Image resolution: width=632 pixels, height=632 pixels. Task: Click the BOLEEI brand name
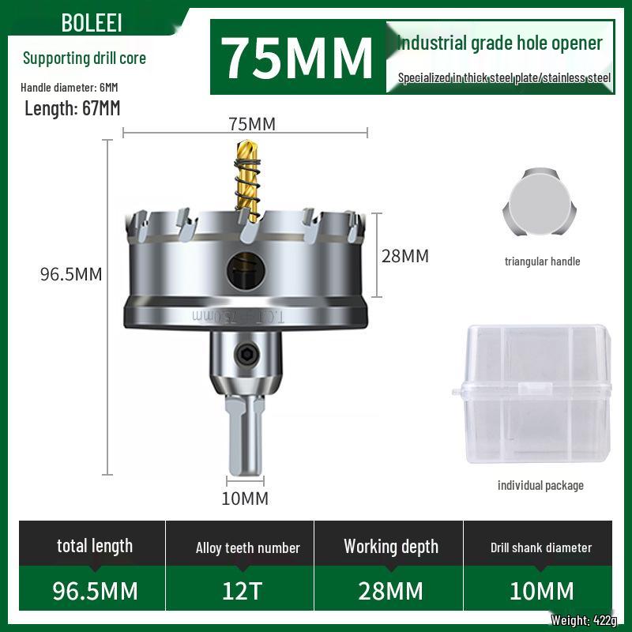click(x=92, y=22)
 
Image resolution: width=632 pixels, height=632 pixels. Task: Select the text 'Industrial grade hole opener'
click(x=500, y=43)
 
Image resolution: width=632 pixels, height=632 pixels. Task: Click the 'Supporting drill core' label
click(x=85, y=58)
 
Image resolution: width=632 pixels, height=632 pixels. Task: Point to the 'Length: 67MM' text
click(x=73, y=109)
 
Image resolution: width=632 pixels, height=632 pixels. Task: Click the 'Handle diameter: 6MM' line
click(x=70, y=87)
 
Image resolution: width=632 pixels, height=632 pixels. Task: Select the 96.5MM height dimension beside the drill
click(x=71, y=274)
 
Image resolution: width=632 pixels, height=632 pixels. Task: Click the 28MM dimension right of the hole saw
click(x=405, y=256)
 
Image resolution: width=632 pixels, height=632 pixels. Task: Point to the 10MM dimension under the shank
click(x=245, y=498)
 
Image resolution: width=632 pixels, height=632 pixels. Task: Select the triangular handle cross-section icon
click(x=536, y=204)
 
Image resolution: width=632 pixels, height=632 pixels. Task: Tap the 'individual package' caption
click(x=540, y=485)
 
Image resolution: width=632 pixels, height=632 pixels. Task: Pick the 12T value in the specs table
click(x=240, y=591)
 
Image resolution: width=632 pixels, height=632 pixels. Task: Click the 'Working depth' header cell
click(x=390, y=547)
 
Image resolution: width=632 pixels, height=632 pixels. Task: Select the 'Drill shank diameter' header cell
click(x=540, y=547)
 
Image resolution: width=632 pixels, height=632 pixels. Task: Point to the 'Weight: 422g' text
click(x=581, y=620)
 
